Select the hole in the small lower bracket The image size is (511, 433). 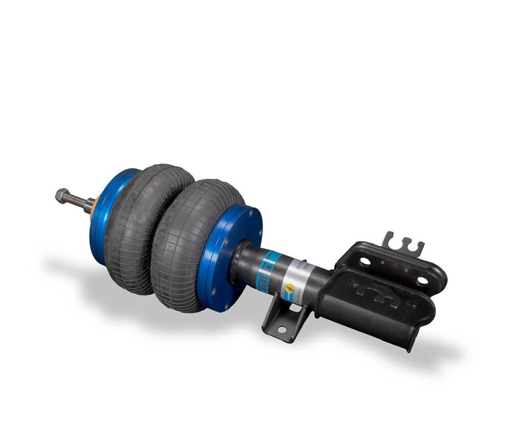281,329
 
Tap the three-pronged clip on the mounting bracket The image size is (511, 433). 403,243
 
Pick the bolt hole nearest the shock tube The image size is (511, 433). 364,262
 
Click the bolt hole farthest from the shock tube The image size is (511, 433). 422,280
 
